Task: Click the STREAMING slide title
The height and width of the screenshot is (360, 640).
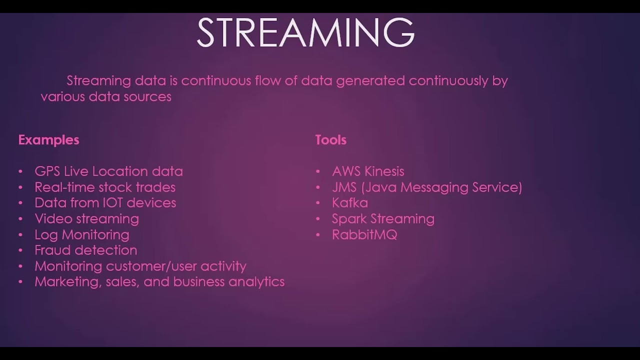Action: click(305, 33)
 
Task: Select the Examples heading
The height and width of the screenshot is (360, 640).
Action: click(48, 140)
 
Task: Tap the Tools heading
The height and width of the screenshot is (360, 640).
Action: click(330, 140)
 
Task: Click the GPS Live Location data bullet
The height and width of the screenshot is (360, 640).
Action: click(108, 171)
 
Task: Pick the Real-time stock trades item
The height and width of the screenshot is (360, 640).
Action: click(105, 187)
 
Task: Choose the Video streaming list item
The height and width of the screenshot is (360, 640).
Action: click(86, 219)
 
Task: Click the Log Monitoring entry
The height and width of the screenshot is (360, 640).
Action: click(81, 234)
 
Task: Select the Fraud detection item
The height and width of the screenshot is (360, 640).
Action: click(85, 250)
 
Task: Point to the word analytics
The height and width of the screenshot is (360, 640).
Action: click(256, 282)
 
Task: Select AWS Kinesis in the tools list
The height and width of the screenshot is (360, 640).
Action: click(367, 171)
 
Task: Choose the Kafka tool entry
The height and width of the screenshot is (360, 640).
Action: click(349, 203)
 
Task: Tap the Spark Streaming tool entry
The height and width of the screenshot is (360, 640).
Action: click(383, 219)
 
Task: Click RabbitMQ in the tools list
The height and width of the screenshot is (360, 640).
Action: click(364, 234)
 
